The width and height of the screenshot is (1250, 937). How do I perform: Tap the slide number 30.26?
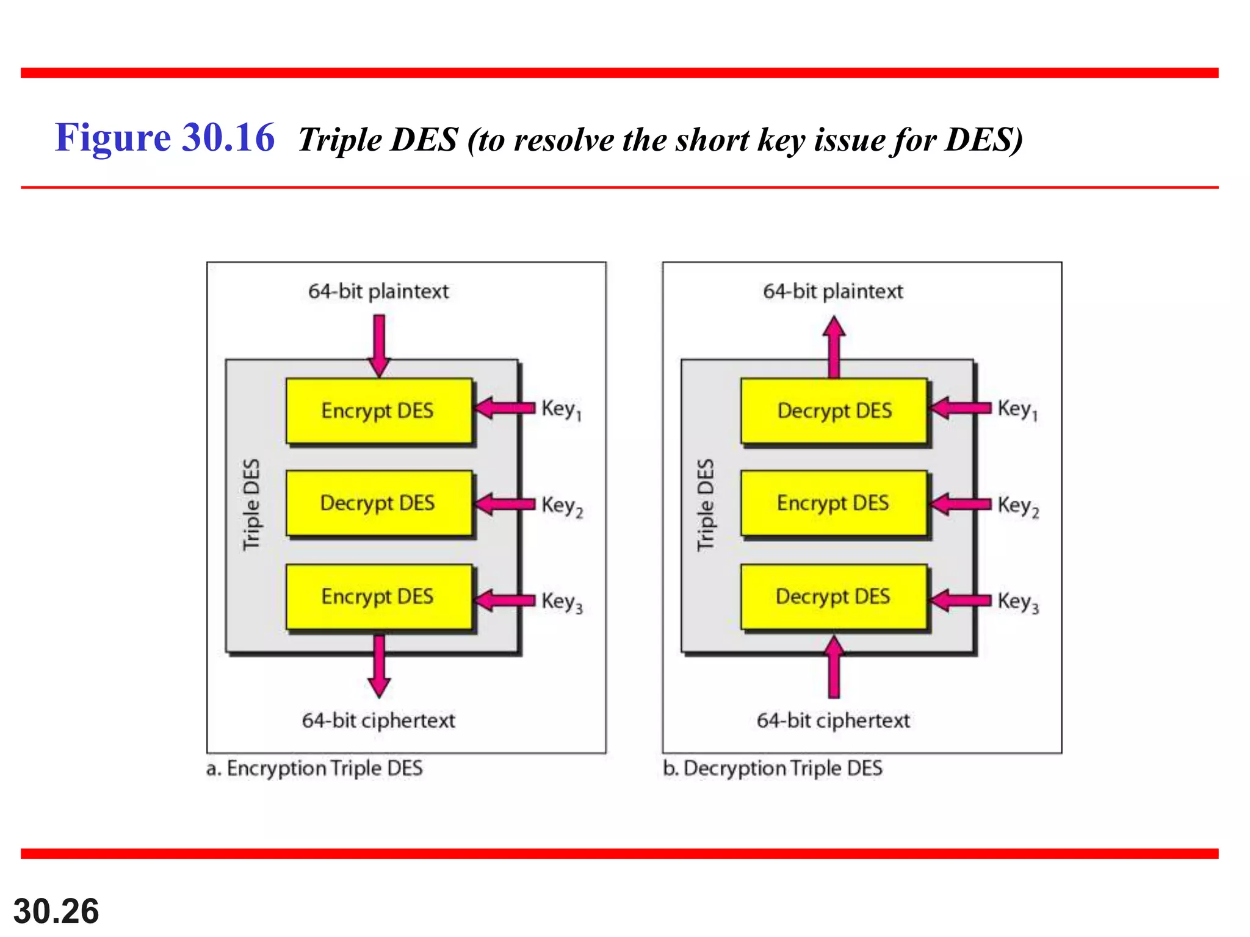click(x=56, y=911)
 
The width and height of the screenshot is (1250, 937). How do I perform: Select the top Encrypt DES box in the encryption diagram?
click(x=378, y=411)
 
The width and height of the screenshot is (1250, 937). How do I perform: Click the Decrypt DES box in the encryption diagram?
click(x=378, y=503)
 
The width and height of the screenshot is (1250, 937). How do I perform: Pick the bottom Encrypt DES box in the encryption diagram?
click(x=378, y=597)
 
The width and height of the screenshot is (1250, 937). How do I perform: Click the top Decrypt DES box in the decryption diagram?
click(x=834, y=411)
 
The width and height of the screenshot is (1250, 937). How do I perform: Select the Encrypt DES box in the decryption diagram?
click(x=834, y=503)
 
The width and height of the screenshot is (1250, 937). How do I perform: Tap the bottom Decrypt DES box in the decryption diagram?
click(x=834, y=597)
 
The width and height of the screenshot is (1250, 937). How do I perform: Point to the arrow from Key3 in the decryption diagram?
click(x=960, y=600)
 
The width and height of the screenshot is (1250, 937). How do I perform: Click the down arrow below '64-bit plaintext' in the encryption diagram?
click(x=379, y=345)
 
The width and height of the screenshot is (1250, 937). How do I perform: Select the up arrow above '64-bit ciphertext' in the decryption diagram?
click(x=834, y=666)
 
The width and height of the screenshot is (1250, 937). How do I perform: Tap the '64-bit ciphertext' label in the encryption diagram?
click(x=378, y=720)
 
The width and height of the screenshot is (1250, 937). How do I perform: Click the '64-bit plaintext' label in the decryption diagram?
click(x=833, y=291)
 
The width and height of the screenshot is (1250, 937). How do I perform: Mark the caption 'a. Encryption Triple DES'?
click(x=314, y=768)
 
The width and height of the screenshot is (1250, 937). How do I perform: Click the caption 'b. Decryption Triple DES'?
click(x=773, y=768)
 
